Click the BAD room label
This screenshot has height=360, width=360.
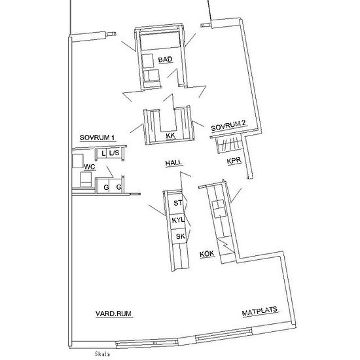(165, 60)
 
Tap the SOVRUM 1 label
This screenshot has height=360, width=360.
(97, 137)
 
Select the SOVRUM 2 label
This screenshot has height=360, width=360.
(228, 126)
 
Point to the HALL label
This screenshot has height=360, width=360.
(174, 163)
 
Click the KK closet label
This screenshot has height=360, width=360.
(171, 135)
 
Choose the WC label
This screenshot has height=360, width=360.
(90, 167)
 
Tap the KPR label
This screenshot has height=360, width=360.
(234, 161)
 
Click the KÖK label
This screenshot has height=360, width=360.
(207, 254)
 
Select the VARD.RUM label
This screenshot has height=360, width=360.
(113, 314)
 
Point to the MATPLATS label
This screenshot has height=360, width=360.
(260, 312)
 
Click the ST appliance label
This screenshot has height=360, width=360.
(178, 203)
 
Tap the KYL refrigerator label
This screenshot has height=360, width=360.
(178, 220)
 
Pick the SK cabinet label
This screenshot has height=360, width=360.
(180, 236)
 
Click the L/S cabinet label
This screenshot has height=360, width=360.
(114, 153)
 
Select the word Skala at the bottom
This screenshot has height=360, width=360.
(102, 354)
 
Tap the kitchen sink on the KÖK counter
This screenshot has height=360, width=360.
(218, 209)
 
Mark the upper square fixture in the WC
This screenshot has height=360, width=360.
(78, 161)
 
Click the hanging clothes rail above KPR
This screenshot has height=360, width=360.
(229, 145)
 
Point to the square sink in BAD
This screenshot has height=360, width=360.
(147, 61)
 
